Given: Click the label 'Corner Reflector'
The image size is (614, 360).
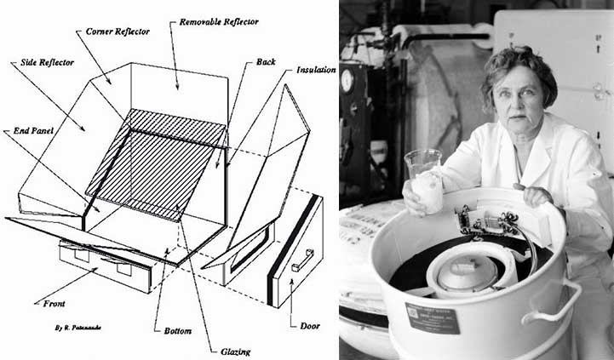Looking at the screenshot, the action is (x=118, y=31).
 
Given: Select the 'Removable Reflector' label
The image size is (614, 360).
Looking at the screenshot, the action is (x=219, y=22).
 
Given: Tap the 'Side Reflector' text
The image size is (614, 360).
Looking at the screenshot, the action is (x=47, y=63).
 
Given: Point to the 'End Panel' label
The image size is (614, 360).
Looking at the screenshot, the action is (x=33, y=131).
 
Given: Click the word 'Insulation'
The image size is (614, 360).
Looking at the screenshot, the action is (x=316, y=70).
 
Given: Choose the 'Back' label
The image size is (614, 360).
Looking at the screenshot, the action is (x=266, y=62).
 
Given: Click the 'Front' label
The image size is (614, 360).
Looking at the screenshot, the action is (x=54, y=303).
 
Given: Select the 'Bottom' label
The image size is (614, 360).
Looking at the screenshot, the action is (x=178, y=331).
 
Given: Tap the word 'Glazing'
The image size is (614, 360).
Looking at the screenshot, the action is (x=235, y=351).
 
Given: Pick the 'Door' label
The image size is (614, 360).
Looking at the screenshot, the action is (x=310, y=326).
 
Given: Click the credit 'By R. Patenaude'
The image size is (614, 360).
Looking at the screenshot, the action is (x=78, y=328).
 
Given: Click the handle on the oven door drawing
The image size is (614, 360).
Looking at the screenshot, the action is (x=302, y=260).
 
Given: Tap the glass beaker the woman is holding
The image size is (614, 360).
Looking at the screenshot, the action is (x=424, y=180).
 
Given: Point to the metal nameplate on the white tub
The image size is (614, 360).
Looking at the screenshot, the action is (x=433, y=318).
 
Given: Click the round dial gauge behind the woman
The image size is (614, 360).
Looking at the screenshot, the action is (x=347, y=80).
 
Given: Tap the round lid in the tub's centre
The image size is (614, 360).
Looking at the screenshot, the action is (x=467, y=273).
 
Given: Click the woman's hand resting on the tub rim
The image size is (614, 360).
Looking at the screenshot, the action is (x=533, y=195).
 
